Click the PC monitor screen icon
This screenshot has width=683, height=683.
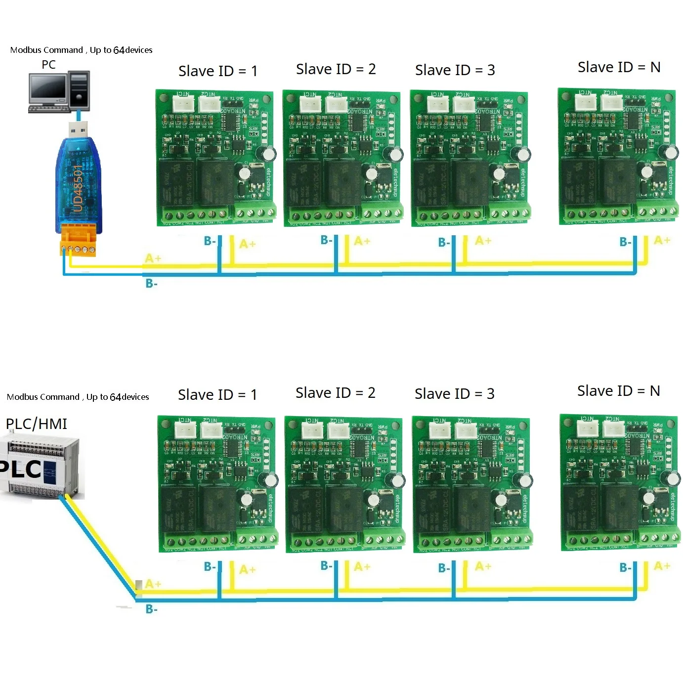(x=47, y=88)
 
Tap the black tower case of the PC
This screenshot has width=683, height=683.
(x=79, y=89)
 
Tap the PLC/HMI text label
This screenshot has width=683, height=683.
(x=36, y=424)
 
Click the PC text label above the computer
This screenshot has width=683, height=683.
(x=48, y=65)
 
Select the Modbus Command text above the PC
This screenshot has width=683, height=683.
(x=81, y=50)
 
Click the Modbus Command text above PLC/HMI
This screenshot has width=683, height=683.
(x=78, y=397)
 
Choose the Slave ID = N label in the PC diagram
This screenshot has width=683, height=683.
(x=619, y=67)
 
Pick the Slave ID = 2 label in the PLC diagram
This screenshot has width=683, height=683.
(x=336, y=393)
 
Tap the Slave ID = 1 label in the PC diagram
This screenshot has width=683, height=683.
(x=217, y=71)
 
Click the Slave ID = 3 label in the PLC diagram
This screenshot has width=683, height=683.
(x=454, y=394)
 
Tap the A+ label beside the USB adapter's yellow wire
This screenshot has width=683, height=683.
(x=153, y=258)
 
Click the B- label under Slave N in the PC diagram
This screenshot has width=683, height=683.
(x=625, y=242)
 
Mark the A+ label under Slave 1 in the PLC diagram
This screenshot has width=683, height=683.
(x=247, y=569)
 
